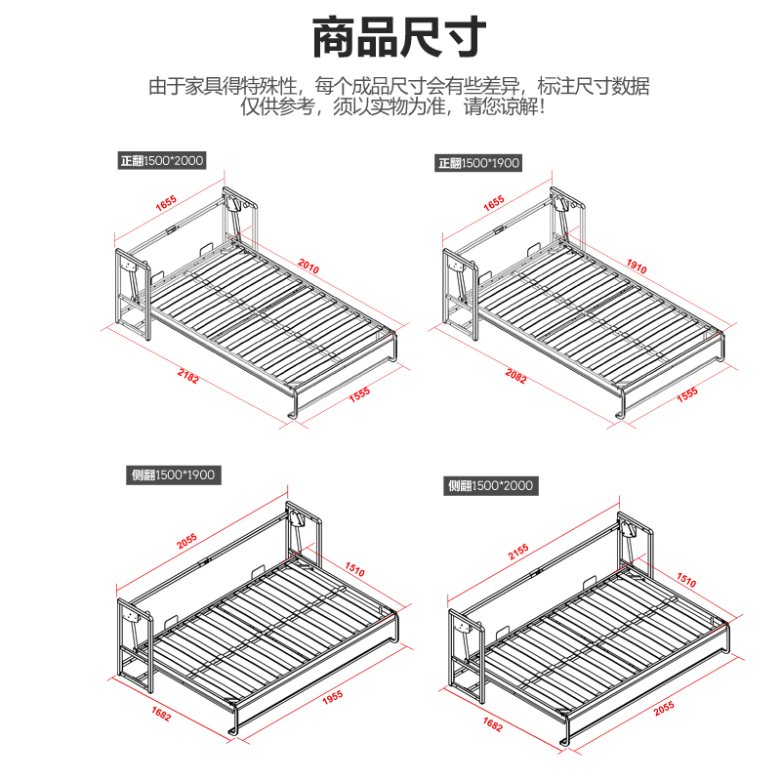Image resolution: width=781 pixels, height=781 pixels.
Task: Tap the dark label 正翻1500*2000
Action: [x=163, y=161]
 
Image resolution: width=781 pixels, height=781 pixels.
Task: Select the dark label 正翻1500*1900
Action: [x=479, y=163]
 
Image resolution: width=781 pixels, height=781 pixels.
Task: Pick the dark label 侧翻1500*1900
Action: [x=173, y=475]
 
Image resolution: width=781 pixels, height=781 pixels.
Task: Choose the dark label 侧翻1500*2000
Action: [x=491, y=485]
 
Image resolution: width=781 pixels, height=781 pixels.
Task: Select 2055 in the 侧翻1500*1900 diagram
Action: [x=187, y=543]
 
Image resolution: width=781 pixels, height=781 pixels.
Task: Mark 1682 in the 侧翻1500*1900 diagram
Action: [x=161, y=716]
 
